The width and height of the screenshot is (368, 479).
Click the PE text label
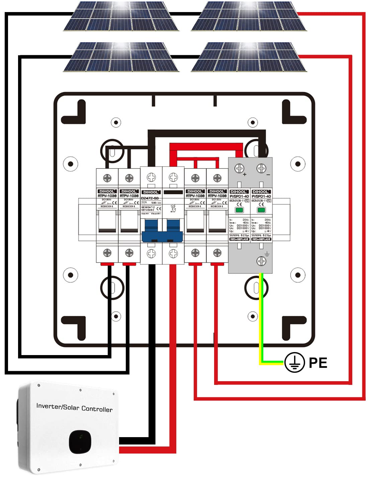click(318, 362)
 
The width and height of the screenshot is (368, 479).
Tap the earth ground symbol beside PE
click(294, 362)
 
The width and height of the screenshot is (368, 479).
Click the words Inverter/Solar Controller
click(74, 407)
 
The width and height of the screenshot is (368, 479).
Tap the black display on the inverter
click(80, 442)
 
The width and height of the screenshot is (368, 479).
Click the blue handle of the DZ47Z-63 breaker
click(162, 231)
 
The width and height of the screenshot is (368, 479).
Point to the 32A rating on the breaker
click(144, 202)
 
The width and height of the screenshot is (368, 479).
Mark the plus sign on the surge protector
click(245, 174)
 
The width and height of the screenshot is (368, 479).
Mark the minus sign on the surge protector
click(268, 175)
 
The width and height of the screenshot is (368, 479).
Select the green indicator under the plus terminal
click(239, 210)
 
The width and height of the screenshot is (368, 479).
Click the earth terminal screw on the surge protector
click(261, 261)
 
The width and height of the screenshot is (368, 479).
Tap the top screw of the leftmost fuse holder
click(107, 178)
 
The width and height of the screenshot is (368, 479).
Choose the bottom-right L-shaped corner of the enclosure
click(294, 328)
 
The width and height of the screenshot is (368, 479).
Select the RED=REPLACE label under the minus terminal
click(261, 239)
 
